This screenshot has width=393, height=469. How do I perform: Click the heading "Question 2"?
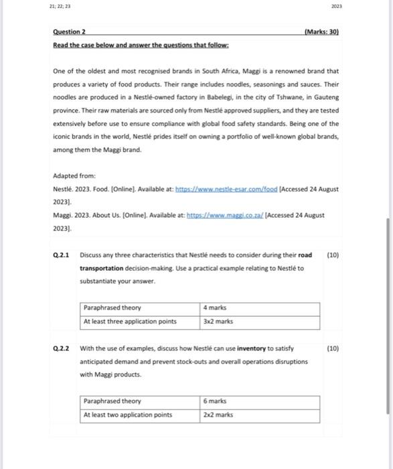click(74, 31)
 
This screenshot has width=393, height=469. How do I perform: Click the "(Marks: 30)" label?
click(321, 31)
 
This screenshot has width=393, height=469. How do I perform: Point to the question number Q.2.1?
click(61, 255)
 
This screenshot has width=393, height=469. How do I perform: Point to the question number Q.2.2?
click(61, 348)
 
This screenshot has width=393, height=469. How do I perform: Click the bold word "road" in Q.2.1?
click(305, 255)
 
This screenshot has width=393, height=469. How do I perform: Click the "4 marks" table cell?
click(215, 308)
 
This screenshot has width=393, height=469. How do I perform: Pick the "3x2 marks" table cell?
click(218, 321)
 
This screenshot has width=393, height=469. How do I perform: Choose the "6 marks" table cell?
click(215, 401)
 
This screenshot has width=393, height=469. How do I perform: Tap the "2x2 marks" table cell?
click(218, 414)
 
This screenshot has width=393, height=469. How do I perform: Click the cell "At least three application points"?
click(130, 321)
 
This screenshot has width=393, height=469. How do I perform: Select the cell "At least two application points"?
click(128, 414)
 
